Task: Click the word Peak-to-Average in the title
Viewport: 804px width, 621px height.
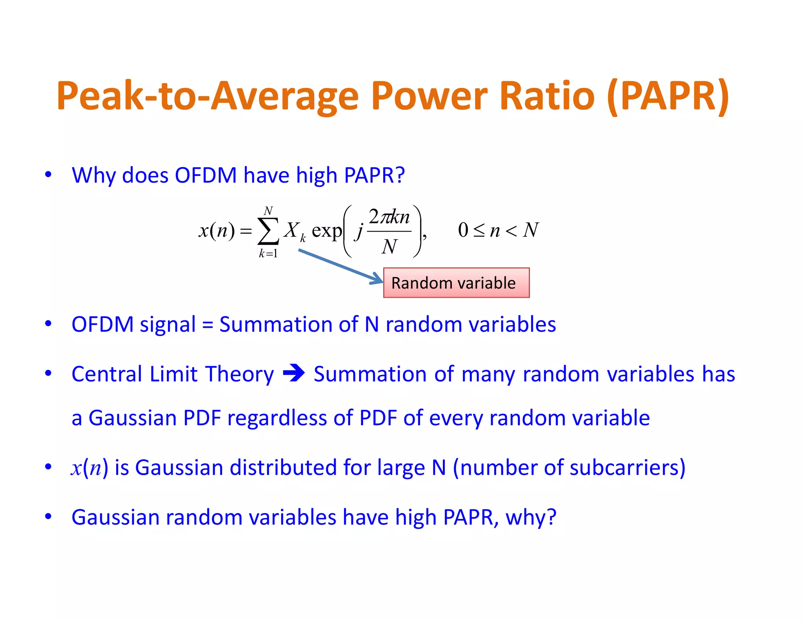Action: [207, 96]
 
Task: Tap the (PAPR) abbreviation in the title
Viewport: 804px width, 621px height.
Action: [668, 96]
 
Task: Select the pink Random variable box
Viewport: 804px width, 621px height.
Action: [456, 283]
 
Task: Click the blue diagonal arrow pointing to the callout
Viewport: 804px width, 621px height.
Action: [340, 266]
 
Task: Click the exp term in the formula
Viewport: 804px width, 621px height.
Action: [326, 231]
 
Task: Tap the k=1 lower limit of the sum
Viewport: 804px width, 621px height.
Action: [268, 254]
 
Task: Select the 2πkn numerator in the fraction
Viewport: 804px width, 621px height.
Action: [389, 217]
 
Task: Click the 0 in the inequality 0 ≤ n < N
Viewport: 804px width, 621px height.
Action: [463, 230]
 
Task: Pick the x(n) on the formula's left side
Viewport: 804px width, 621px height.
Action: [216, 230]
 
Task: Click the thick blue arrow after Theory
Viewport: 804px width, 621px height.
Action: [294, 373]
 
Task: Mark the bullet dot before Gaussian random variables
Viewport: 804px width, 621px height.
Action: [48, 517]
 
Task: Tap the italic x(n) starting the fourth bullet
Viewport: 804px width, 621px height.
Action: [90, 468]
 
